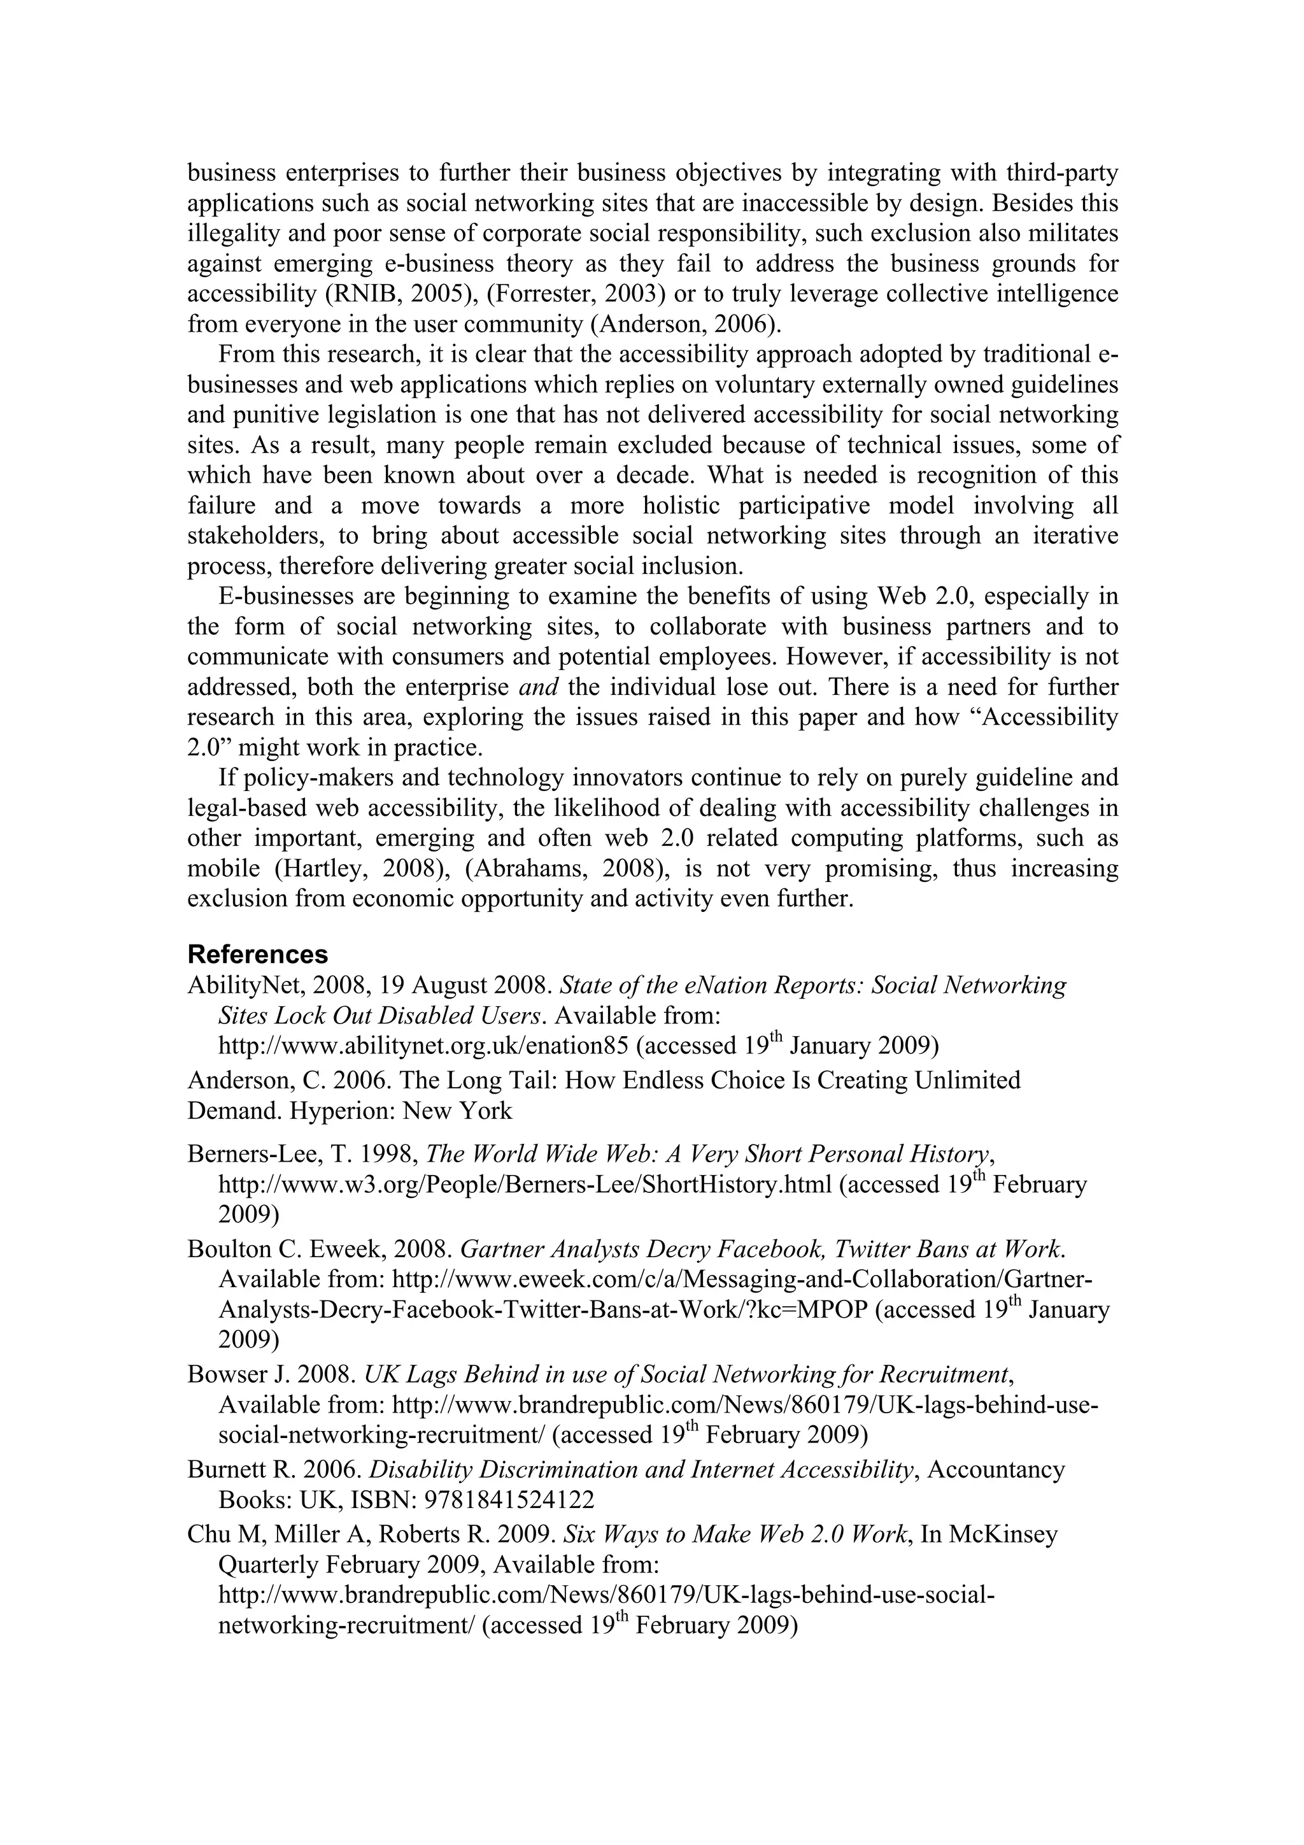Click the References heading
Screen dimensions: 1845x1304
257,954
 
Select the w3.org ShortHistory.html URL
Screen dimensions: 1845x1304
525,1185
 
